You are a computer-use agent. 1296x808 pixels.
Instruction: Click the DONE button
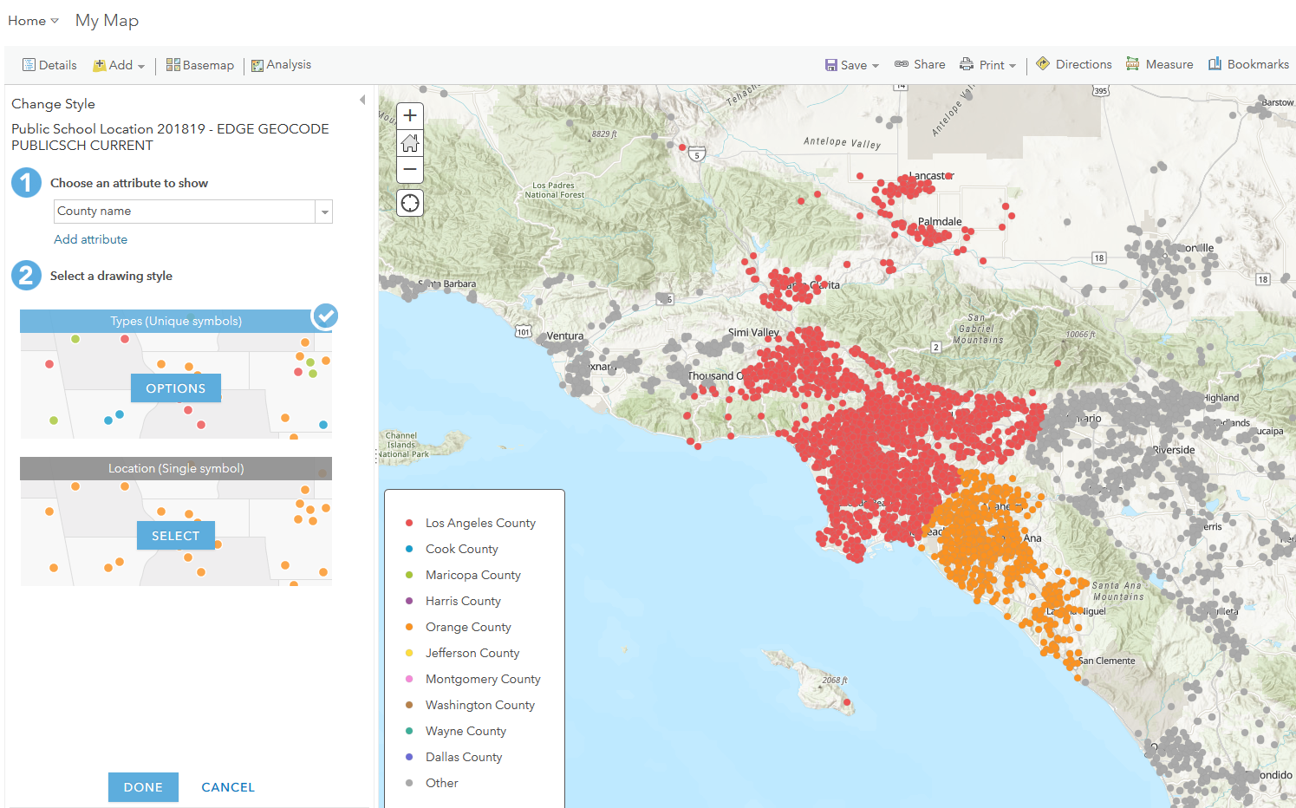(x=143, y=787)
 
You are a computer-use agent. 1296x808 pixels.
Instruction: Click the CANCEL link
(x=228, y=787)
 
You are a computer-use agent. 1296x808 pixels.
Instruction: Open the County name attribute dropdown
(x=323, y=212)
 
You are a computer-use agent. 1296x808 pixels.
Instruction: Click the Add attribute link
(x=90, y=239)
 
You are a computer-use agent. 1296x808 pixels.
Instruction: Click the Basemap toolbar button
(x=200, y=65)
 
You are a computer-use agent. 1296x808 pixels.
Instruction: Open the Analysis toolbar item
(x=281, y=65)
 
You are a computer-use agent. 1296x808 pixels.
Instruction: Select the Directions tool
(x=1074, y=64)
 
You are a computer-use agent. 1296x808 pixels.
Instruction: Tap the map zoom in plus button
(x=410, y=115)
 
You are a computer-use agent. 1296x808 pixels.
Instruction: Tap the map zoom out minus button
(x=410, y=169)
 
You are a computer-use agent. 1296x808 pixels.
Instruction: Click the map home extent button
(x=410, y=142)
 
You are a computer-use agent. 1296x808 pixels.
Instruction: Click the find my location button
(x=410, y=203)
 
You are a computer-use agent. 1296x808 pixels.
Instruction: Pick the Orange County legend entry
(x=468, y=627)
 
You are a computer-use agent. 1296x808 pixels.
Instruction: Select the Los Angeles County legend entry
(x=480, y=523)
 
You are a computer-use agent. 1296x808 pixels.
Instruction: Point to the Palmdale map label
(x=940, y=222)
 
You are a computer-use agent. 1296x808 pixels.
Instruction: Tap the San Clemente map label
(x=1106, y=661)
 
